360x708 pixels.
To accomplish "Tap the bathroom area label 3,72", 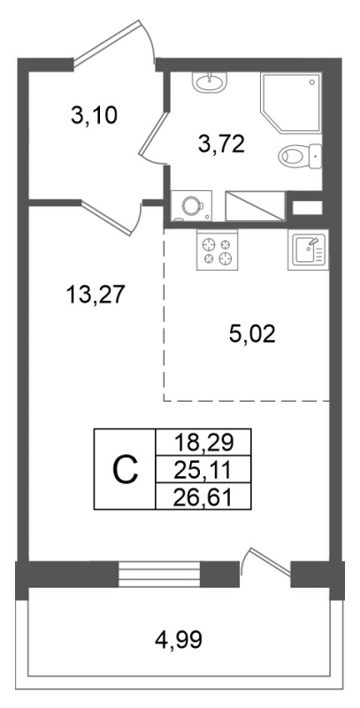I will [221, 146].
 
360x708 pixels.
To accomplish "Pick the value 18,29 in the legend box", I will [203, 440].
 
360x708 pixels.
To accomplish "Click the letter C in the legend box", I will [126, 469].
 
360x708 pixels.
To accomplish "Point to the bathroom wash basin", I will [211, 82].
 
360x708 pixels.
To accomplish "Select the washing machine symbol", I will [190, 205].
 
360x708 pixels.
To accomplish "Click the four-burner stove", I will [217, 250].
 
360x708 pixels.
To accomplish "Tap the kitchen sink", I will [308, 250].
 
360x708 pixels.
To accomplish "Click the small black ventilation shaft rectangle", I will [307, 208].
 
